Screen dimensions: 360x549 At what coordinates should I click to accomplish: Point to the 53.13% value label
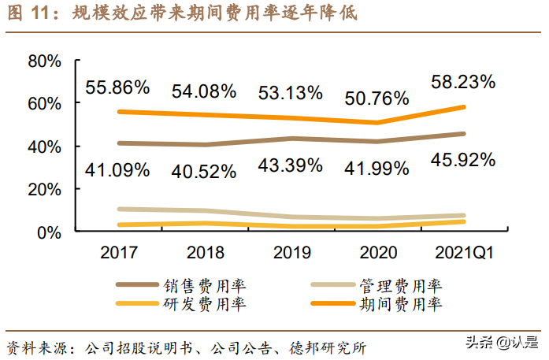[x=290, y=92]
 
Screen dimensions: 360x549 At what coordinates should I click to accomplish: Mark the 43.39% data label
[x=290, y=165]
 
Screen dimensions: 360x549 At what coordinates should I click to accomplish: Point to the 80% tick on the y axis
[x=44, y=61]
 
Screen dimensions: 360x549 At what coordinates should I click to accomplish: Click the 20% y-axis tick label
[x=44, y=190]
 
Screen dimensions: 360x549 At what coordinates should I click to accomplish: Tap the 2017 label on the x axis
[x=118, y=252]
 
